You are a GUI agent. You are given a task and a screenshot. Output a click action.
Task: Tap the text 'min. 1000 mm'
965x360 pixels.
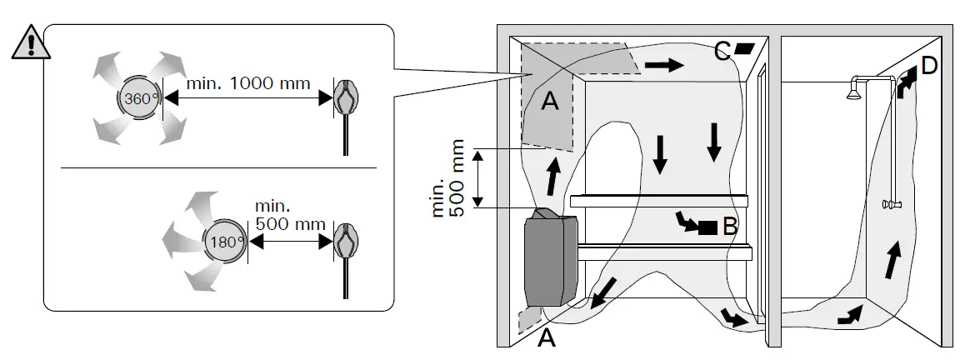click(x=248, y=82)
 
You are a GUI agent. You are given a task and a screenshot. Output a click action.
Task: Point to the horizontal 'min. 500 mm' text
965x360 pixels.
click(x=290, y=215)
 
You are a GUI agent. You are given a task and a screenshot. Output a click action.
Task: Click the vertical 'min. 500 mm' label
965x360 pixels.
click(x=447, y=178)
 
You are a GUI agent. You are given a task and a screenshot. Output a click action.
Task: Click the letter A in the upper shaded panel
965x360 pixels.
click(x=550, y=101)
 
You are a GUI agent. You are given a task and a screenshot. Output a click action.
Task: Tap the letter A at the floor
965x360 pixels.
click(x=546, y=337)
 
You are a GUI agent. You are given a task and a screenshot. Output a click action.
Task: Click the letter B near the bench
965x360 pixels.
click(x=729, y=226)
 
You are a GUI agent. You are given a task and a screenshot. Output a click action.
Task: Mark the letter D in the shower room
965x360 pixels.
click(x=928, y=65)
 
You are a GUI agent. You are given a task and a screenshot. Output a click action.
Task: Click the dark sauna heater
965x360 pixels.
click(x=551, y=258)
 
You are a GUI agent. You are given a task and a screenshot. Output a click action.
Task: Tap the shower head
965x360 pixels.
click(x=853, y=90)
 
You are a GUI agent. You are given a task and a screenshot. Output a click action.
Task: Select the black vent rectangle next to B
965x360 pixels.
click(x=707, y=227)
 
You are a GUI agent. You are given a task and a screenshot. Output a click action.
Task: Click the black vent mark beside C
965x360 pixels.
click(x=743, y=48)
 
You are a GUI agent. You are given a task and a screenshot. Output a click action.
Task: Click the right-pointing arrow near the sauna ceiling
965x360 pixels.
click(x=664, y=64)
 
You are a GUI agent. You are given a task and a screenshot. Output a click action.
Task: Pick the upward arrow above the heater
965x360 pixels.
click(x=554, y=175)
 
